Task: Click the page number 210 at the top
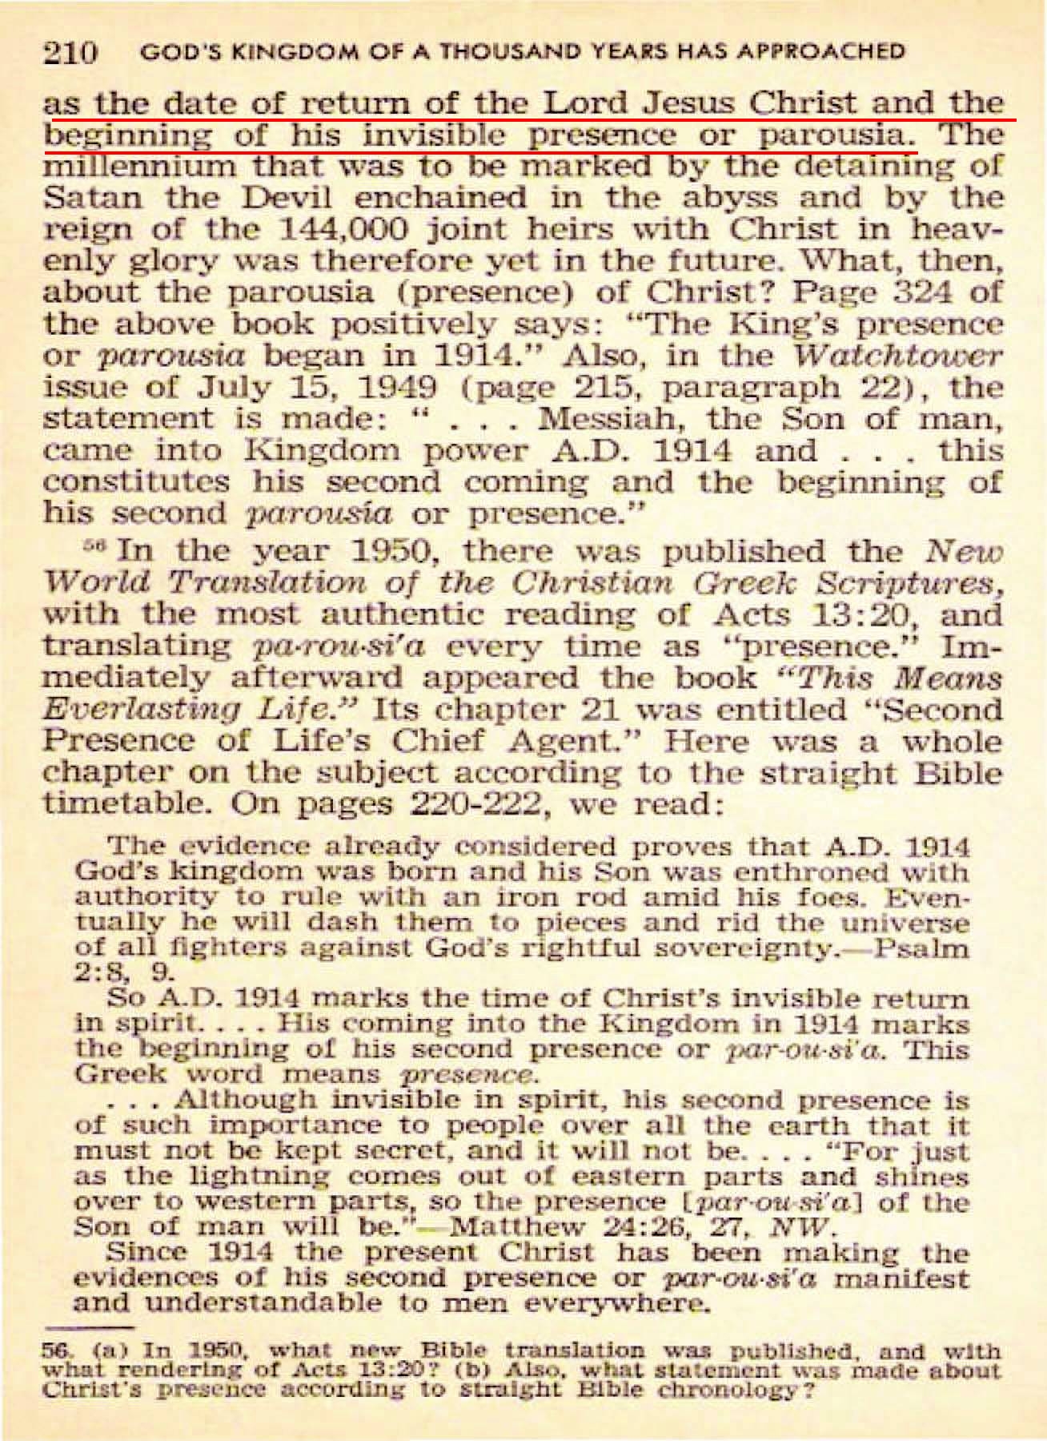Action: coord(70,54)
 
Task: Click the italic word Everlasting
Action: coord(130,710)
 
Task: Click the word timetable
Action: coord(117,805)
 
